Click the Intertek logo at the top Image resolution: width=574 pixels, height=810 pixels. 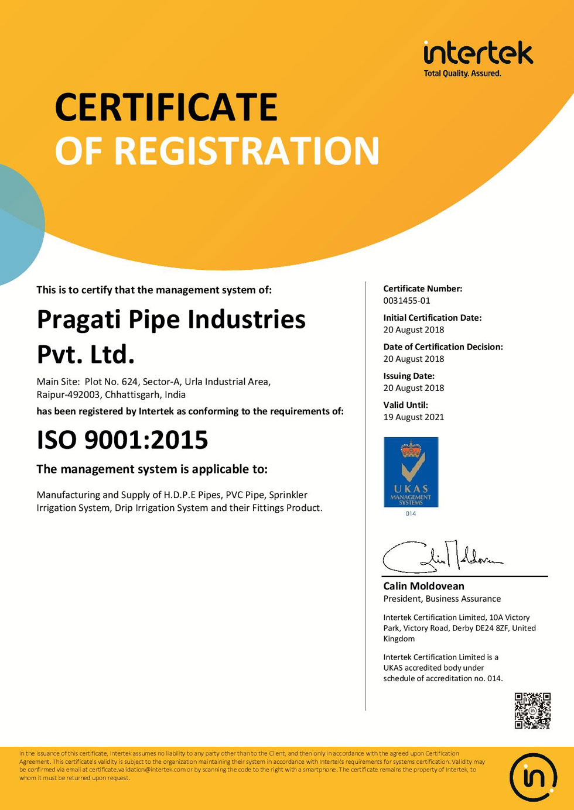(478, 53)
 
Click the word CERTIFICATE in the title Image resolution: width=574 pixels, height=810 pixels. (166, 107)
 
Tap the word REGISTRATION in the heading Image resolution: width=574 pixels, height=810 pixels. (247, 151)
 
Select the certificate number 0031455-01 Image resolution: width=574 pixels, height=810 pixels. (406, 301)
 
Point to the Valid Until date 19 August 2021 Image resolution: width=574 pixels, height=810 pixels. (414, 417)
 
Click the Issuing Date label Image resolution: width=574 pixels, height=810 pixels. (409, 376)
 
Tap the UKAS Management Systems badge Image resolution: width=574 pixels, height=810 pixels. (411, 472)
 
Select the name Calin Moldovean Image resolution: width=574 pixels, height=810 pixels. (423, 586)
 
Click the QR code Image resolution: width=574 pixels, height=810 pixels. (532, 711)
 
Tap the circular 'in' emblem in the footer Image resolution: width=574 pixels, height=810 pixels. (533, 777)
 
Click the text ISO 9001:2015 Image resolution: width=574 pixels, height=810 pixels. (122, 440)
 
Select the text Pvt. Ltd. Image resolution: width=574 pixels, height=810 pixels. (86, 355)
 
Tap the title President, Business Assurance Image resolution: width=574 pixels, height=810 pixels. (442, 599)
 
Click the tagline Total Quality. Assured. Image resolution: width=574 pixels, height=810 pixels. (462, 74)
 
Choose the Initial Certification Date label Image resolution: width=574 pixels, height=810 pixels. (432, 318)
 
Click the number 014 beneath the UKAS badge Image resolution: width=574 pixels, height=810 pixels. (411, 514)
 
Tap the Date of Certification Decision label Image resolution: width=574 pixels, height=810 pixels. (443, 347)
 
